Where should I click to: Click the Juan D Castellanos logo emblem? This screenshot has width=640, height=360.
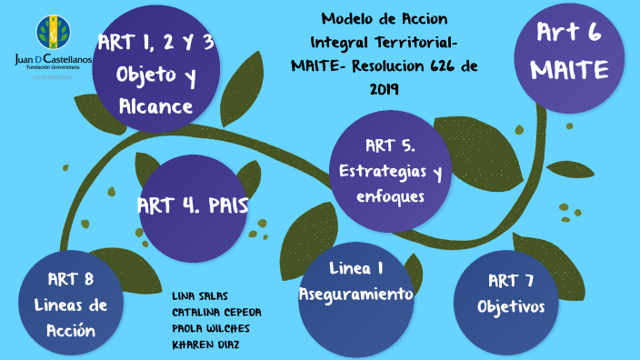click(x=52, y=34)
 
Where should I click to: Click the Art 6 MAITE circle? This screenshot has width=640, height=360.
click(x=569, y=56)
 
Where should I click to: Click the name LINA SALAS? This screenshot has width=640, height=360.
click(x=200, y=296)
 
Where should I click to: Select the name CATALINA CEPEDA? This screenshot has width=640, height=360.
click(x=216, y=312)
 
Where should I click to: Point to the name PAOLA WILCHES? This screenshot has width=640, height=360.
click(x=211, y=328)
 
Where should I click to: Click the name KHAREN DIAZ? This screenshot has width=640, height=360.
click(x=206, y=345)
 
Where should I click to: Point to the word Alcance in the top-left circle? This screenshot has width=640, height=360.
click(x=155, y=107)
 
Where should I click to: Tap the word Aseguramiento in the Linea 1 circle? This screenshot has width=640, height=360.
click(x=356, y=295)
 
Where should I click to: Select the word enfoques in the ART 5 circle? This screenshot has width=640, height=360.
click(x=390, y=194)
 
